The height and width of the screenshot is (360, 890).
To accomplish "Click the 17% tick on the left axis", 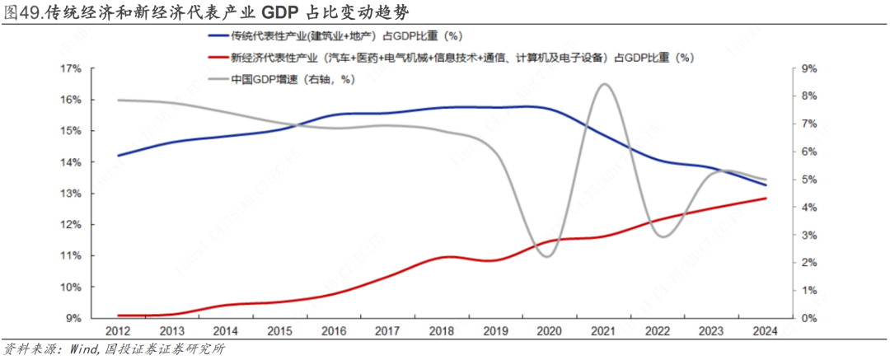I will (70, 68).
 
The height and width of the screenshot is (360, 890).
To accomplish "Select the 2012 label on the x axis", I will (116, 331).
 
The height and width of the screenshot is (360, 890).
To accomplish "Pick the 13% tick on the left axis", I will (70, 194).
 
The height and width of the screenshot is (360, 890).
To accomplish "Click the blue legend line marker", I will (218, 36).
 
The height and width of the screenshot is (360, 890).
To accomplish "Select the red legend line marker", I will (218, 58).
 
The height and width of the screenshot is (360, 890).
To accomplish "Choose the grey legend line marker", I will (218, 79).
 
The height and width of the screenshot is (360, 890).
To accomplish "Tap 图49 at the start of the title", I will (21, 13).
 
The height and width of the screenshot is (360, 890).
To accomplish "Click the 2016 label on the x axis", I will (333, 331).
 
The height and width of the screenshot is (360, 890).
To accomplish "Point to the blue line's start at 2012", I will (117, 155).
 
